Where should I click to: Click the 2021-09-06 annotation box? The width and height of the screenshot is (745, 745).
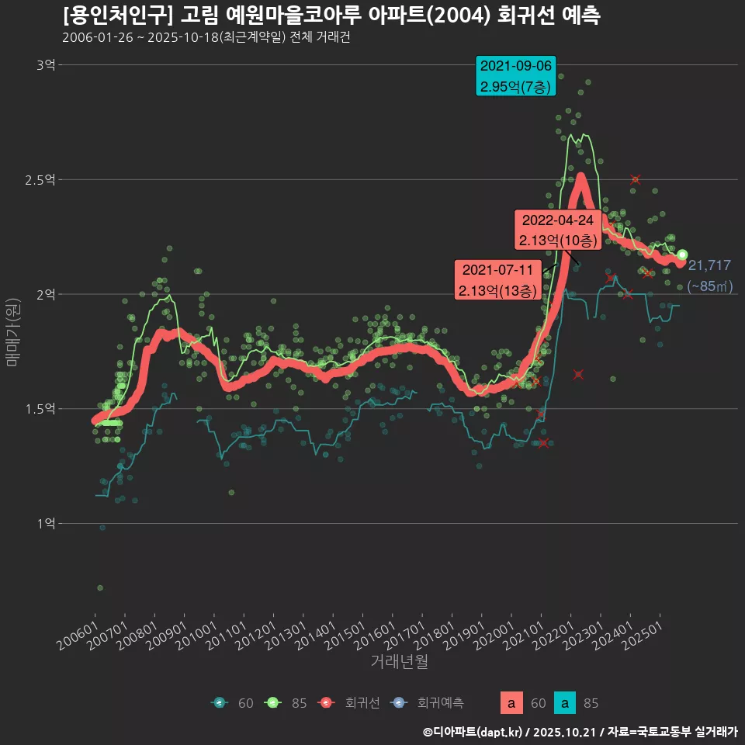coord(516,76)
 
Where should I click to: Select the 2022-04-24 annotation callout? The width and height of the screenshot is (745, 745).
coord(557,230)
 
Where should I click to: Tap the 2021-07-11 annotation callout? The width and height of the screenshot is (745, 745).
coord(497,280)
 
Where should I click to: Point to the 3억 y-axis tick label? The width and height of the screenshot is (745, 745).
coord(46,65)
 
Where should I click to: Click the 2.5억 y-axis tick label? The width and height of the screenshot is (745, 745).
coord(41,179)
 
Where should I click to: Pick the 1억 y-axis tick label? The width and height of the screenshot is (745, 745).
coord(46,523)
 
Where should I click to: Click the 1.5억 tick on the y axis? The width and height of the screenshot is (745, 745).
coord(41,409)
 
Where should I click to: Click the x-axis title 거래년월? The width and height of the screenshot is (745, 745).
coord(399,661)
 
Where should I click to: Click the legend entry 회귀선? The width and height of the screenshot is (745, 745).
coord(362,703)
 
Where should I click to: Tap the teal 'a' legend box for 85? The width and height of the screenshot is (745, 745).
coord(567,703)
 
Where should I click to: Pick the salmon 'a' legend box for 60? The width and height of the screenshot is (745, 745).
coord(510,703)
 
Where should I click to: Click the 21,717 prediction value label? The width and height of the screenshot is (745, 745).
coord(709,265)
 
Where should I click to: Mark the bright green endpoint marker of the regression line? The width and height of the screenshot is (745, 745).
coord(682,255)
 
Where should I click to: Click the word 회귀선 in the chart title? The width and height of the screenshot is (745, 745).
coord(523,16)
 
